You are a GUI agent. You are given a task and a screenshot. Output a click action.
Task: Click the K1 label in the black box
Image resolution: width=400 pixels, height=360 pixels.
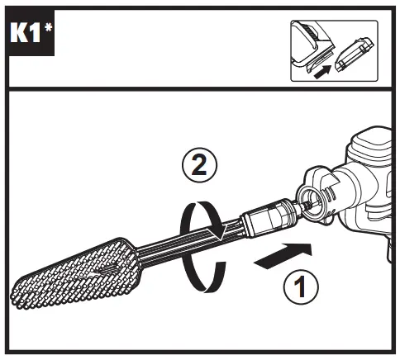[26, 32]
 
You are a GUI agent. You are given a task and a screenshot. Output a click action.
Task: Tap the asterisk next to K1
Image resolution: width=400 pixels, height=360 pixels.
[48, 27]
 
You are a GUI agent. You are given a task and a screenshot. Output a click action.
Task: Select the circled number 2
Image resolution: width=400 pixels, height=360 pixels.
[199, 165]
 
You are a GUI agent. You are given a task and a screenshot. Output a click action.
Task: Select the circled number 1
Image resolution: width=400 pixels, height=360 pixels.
[301, 287]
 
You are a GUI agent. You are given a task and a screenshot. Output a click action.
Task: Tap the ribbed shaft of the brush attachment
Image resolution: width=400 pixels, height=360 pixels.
[190, 238]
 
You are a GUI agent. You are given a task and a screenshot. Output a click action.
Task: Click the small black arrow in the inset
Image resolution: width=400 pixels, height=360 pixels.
[322, 72]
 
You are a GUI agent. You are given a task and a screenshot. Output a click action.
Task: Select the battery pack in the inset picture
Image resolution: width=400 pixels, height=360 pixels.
[354, 54]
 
